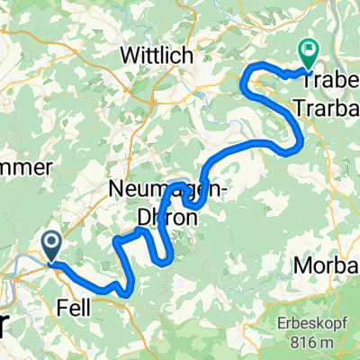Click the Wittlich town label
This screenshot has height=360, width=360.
click(x=157, y=57)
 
